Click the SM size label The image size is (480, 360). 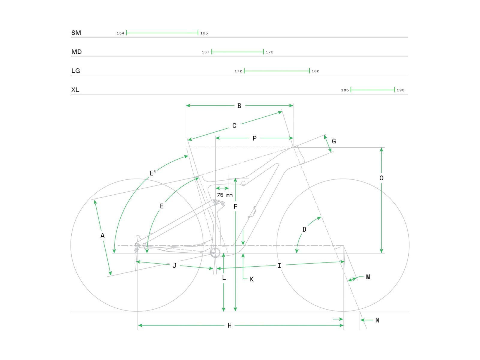(x=76, y=33)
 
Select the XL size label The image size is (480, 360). (x=75, y=90)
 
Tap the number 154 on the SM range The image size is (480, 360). (x=120, y=33)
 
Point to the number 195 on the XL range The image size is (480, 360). (x=400, y=90)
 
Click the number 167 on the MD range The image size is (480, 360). (x=205, y=52)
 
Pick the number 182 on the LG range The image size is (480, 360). (x=315, y=71)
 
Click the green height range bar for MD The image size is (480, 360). (x=237, y=52)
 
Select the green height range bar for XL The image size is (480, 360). (x=373, y=90)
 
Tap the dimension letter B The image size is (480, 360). (x=239, y=106)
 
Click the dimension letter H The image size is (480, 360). (x=229, y=325)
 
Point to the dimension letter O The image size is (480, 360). (x=381, y=178)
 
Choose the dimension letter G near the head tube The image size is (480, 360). (x=334, y=141)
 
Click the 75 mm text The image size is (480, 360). (x=225, y=195)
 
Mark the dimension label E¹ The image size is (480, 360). (x=153, y=173)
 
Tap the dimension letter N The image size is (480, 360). (x=377, y=320)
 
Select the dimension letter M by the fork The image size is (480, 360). (x=368, y=277)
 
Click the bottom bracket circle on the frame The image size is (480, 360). (x=215, y=253)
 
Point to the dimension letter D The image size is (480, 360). (x=304, y=229)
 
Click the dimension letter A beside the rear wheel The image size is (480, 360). (x=103, y=236)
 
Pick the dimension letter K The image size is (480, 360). (x=252, y=279)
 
